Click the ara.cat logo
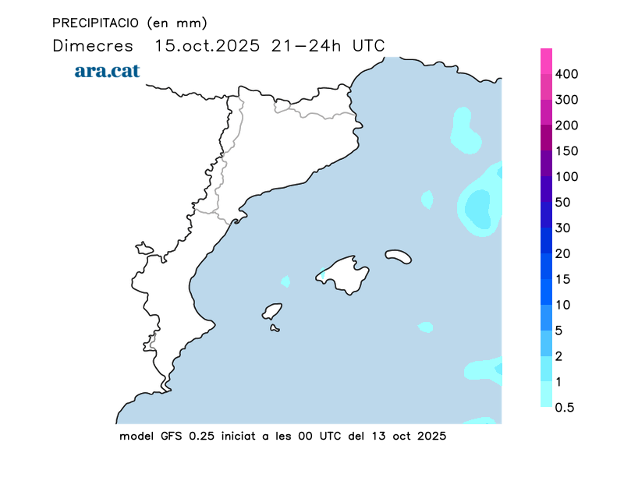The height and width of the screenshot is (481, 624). click(x=107, y=71)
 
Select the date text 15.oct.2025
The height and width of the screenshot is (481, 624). click(x=207, y=45)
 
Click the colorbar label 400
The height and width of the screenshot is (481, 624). click(x=567, y=74)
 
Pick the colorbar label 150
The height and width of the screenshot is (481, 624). click(x=567, y=151)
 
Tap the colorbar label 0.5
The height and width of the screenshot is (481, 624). click(x=565, y=407)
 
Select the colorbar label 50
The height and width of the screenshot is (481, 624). click(x=563, y=203)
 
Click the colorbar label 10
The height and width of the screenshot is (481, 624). click(x=563, y=305)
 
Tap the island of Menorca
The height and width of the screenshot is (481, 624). click(x=398, y=256)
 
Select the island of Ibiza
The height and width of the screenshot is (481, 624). click(x=271, y=311)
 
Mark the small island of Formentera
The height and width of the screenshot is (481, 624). click(x=275, y=328)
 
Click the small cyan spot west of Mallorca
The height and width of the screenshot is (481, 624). click(x=285, y=281)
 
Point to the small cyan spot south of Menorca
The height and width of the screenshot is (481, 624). click(x=425, y=327)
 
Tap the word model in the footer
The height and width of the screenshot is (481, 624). click(x=136, y=437)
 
